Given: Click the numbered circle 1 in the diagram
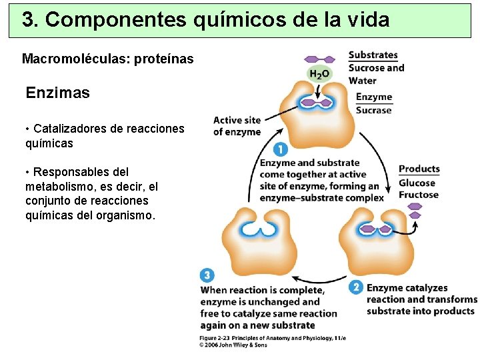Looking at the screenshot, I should click(281, 150).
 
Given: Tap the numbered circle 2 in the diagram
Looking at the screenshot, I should click(355, 288).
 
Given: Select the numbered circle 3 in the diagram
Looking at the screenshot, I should click(207, 275).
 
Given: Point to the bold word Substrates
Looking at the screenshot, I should click(373, 55).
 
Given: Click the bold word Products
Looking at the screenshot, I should click(419, 169).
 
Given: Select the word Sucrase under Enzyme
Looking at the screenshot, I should click(373, 111).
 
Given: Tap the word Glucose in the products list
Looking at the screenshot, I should click(417, 183).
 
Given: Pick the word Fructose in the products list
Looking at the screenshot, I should click(419, 195).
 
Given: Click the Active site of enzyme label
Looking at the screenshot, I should click(237, 126).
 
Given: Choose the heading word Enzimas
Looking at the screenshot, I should click(57, 93).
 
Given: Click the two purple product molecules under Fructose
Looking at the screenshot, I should click(415, 211).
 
